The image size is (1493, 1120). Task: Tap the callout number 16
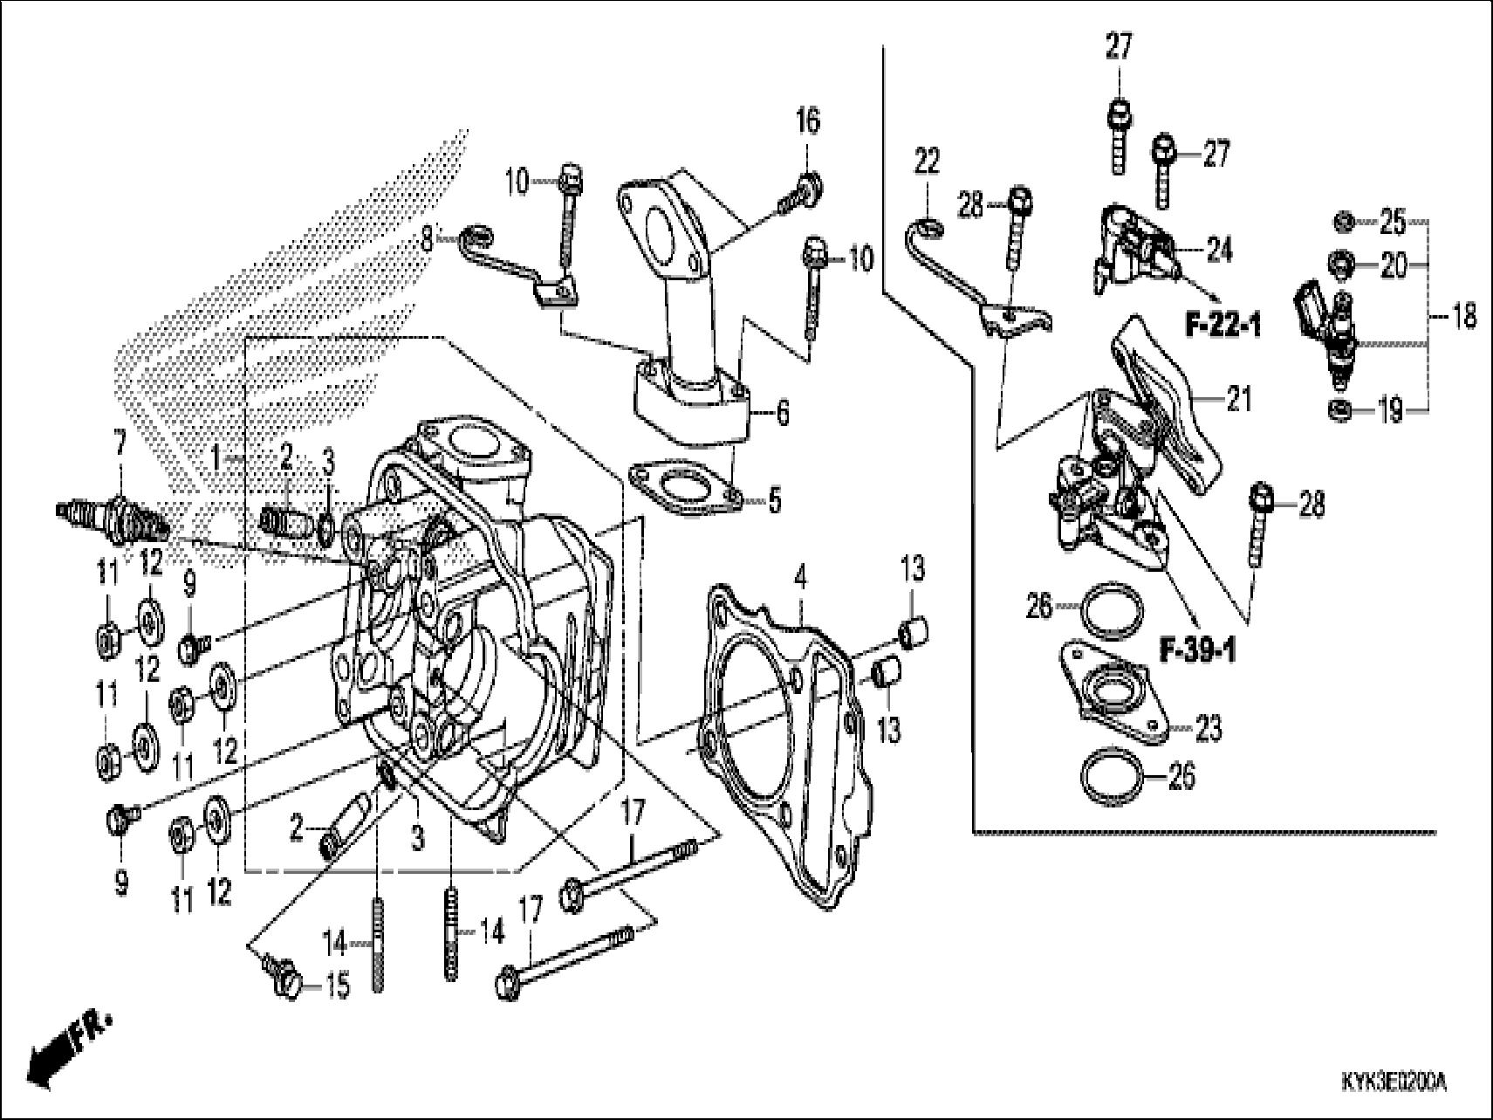[x=808, y=121]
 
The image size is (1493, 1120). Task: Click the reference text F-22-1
[x=1222, y=326]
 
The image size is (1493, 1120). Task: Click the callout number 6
[x=782, y=413]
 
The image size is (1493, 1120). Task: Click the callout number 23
[x=1209, y=727]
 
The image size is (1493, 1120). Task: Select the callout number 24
[x=1218, y=251]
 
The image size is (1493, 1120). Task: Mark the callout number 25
[x=1393, y=223]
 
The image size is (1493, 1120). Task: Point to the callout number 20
[x=1394, y=265]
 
